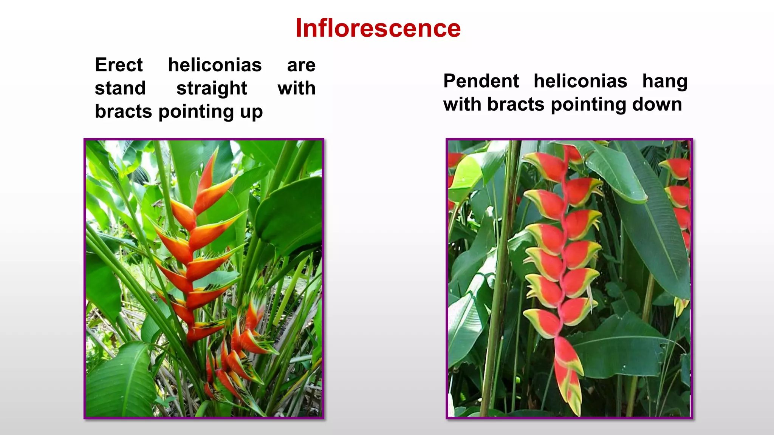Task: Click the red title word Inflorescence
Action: point(378,28)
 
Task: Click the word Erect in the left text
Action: point(119,65)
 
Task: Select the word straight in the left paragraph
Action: point(212,88)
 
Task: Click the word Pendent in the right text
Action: point(481,81)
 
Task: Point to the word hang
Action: point(665,81)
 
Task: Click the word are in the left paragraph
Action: point(301,65)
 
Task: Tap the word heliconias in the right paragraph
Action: point(580,81)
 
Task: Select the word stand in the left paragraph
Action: point(120,88)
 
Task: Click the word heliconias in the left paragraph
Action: point(215,65)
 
